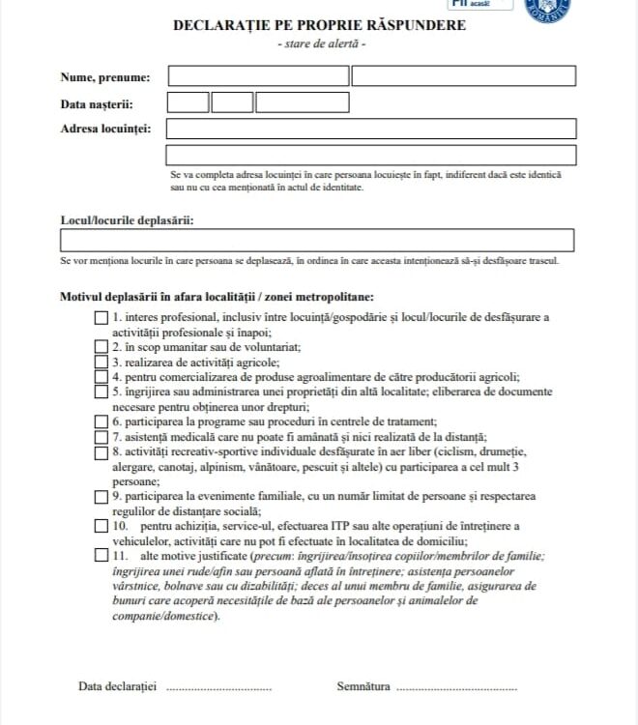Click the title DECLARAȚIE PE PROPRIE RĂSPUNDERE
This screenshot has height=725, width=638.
(319, 25)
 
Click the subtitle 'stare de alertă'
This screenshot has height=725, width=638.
(319, 44)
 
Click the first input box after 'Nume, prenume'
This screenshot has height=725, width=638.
(258, 75)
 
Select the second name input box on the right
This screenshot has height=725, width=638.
(463, 75)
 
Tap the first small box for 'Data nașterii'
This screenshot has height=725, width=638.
(188, 102)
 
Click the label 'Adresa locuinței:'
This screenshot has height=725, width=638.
(105, 129)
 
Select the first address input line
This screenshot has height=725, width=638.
(371, 129)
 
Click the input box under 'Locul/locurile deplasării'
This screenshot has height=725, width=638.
(317, 241)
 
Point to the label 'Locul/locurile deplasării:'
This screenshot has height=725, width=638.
(127, 220)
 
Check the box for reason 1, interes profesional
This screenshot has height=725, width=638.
(101, 318)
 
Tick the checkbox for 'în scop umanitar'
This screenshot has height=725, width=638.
(101, 346)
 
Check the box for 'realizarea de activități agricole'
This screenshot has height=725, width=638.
(101, 362)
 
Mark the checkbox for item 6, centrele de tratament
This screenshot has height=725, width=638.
(101, 421)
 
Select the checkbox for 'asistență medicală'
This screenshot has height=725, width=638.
(101, 436)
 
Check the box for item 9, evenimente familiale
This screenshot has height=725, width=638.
(101, 496)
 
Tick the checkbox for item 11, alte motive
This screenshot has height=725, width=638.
(101, 556)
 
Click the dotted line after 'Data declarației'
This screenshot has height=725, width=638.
(219, 688)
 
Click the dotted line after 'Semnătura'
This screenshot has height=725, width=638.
(456, 688)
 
